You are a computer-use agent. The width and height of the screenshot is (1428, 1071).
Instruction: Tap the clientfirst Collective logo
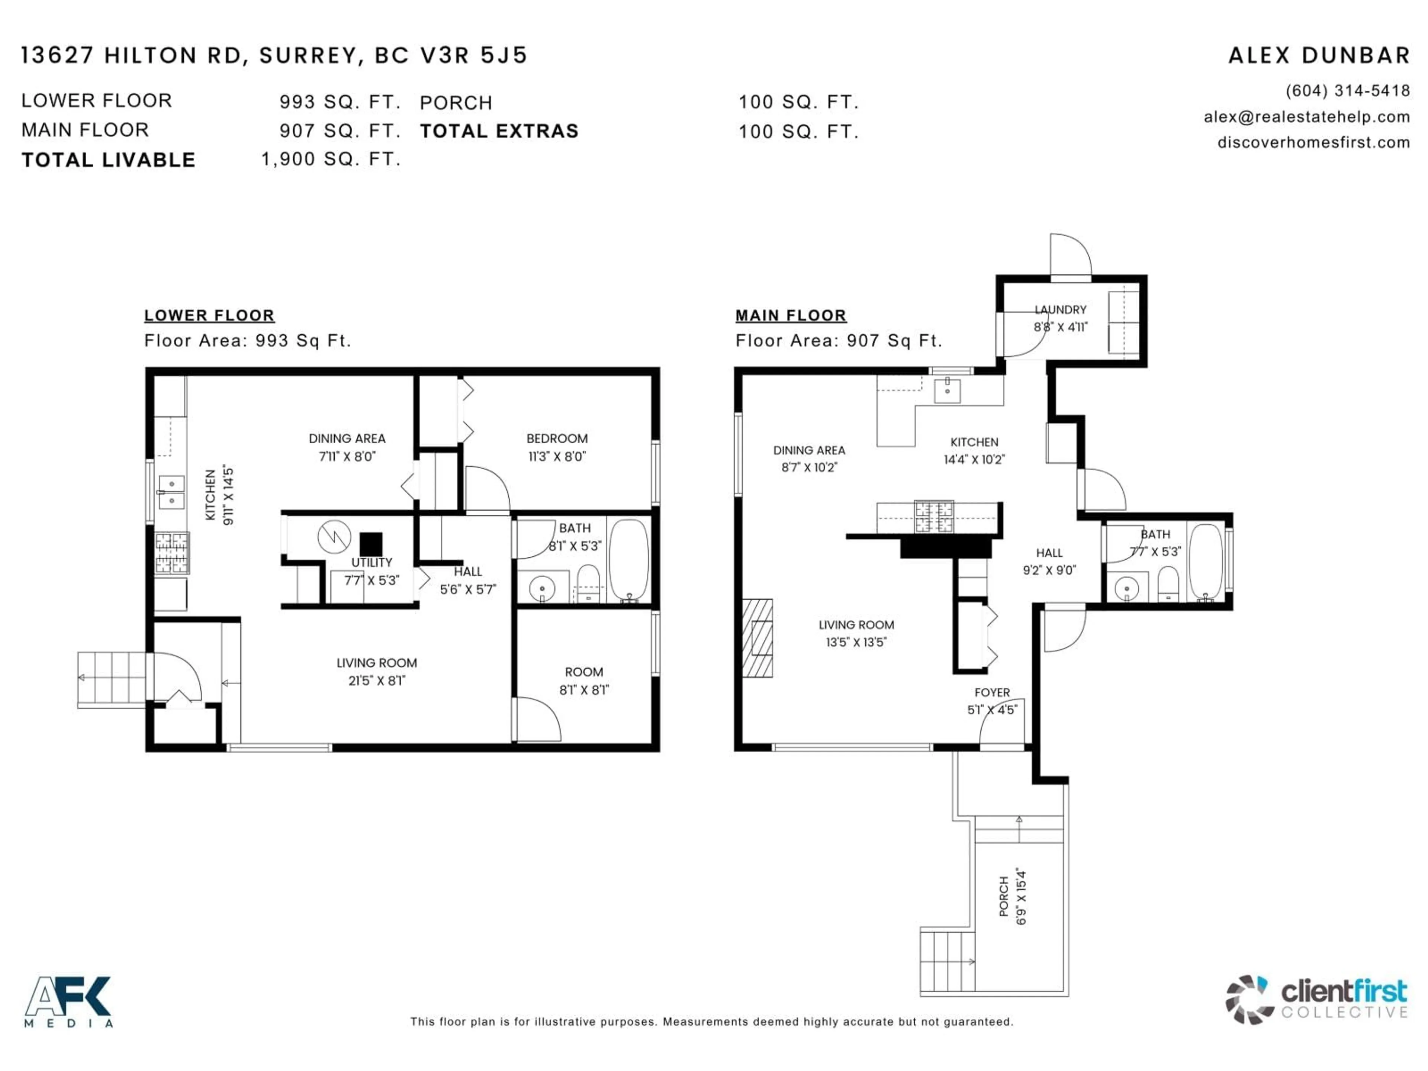pos(1316,999)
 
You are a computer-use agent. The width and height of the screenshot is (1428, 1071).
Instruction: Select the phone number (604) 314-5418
pos(1347,91)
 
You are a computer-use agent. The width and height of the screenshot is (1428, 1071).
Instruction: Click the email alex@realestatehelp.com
pos(1307,117)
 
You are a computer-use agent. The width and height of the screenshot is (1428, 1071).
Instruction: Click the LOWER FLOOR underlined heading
pos(209,316)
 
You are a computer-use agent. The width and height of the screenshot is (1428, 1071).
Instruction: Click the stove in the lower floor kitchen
pos(172,553)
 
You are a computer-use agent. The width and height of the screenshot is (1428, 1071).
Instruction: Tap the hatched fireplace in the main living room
pos(758,638)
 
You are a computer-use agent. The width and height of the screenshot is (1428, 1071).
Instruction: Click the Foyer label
pos(992,693)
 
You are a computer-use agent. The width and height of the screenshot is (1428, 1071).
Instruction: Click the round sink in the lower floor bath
pos(542,588)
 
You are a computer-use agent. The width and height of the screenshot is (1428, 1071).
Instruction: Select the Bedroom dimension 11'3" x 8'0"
pos(556,456)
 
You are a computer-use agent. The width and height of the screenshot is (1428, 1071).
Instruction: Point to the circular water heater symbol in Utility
pos(334,537)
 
